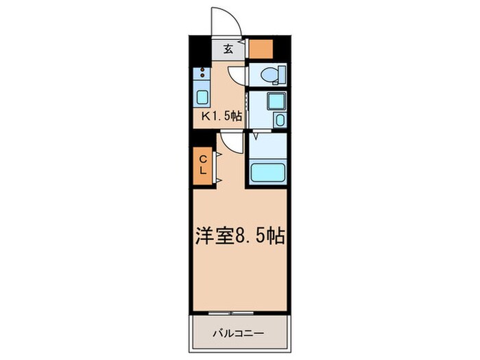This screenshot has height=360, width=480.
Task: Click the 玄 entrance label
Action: (x=227, y=49)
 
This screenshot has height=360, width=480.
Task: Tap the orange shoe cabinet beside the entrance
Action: (x=261, y=49)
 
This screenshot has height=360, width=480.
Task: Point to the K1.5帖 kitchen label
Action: (x=221, y=116)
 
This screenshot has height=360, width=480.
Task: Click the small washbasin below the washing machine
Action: (x=279, y=121)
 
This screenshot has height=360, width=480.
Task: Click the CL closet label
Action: (x=204, y=165)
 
